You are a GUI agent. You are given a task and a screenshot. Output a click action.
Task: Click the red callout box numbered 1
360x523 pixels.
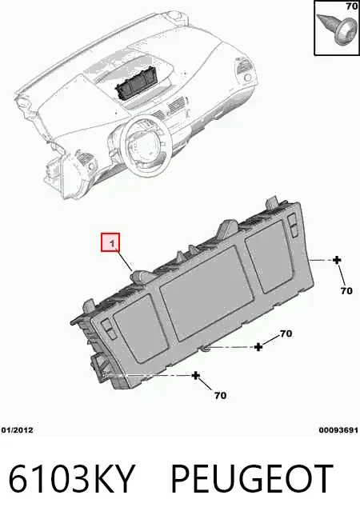point(110,242)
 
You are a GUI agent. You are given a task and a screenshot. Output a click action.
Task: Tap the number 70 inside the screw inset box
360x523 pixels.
point(352,6)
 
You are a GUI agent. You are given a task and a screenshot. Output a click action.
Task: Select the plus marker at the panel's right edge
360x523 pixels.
point(337,260)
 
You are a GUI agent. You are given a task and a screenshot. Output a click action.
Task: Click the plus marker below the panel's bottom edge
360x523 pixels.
point(258,347)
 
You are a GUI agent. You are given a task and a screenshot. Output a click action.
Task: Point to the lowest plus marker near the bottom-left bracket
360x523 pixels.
point(196,376)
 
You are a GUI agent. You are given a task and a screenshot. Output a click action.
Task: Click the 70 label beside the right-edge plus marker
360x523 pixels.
point(346,291)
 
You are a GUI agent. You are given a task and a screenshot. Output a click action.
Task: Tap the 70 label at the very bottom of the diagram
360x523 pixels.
point(220,396)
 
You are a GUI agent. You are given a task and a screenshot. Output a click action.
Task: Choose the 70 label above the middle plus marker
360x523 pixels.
point(286,333)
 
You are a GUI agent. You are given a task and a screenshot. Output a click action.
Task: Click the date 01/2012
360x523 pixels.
point(18,430)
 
